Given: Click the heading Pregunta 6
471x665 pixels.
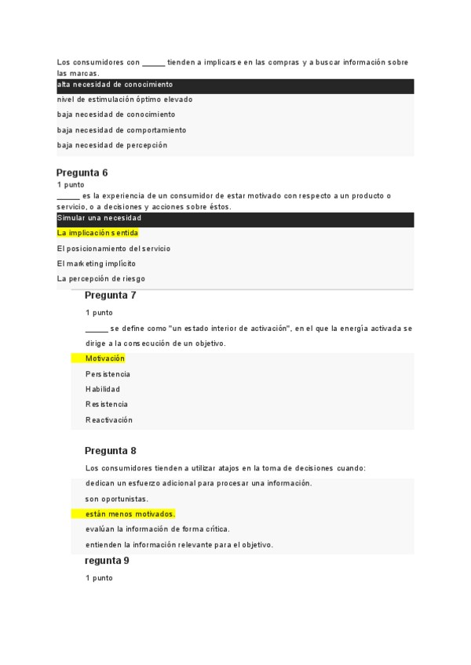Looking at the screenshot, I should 82,173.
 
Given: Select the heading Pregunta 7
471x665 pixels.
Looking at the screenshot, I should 110,296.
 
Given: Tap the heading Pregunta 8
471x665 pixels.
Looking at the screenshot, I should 110,451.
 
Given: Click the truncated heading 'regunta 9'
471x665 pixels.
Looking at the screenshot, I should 107,561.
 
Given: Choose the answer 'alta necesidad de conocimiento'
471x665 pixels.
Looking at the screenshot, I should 115,85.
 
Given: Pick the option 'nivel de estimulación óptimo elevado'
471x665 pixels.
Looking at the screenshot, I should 125,100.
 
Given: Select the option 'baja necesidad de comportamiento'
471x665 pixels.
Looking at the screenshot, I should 122,130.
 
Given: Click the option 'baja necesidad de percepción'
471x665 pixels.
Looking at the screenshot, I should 112,145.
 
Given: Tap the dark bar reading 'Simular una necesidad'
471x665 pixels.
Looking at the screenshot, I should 99,218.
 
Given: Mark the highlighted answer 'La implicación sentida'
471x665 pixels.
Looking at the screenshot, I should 97,233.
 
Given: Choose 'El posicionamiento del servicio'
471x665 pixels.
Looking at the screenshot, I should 114,249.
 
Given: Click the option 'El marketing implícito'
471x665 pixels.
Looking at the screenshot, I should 97,263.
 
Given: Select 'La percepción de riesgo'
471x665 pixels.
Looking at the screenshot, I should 101,278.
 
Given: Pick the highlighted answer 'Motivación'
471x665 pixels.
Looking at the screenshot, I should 105,358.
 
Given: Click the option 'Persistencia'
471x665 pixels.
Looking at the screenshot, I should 108,374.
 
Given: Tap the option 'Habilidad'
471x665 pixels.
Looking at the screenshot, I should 103,389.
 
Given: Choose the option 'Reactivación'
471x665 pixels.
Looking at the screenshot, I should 109,420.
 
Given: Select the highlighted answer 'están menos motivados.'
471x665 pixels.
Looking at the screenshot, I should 130,514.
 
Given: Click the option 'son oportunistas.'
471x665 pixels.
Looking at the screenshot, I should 117,499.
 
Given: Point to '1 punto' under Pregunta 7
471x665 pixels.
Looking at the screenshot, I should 99,313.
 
